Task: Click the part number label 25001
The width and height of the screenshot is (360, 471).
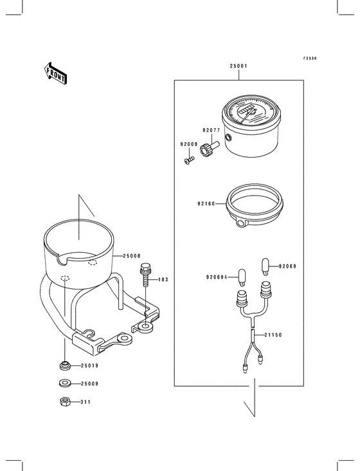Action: (239, 66)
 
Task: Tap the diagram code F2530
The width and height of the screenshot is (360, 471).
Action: (310, 59)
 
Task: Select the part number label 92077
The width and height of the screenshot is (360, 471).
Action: (212, 131)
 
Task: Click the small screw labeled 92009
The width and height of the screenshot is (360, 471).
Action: (189, 160)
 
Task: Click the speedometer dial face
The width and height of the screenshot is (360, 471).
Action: (251, 111)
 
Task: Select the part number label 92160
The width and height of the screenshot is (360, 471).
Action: (206, 204)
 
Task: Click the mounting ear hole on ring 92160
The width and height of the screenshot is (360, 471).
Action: (240, 223)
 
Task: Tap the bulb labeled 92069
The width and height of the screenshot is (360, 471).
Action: (265, 266)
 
